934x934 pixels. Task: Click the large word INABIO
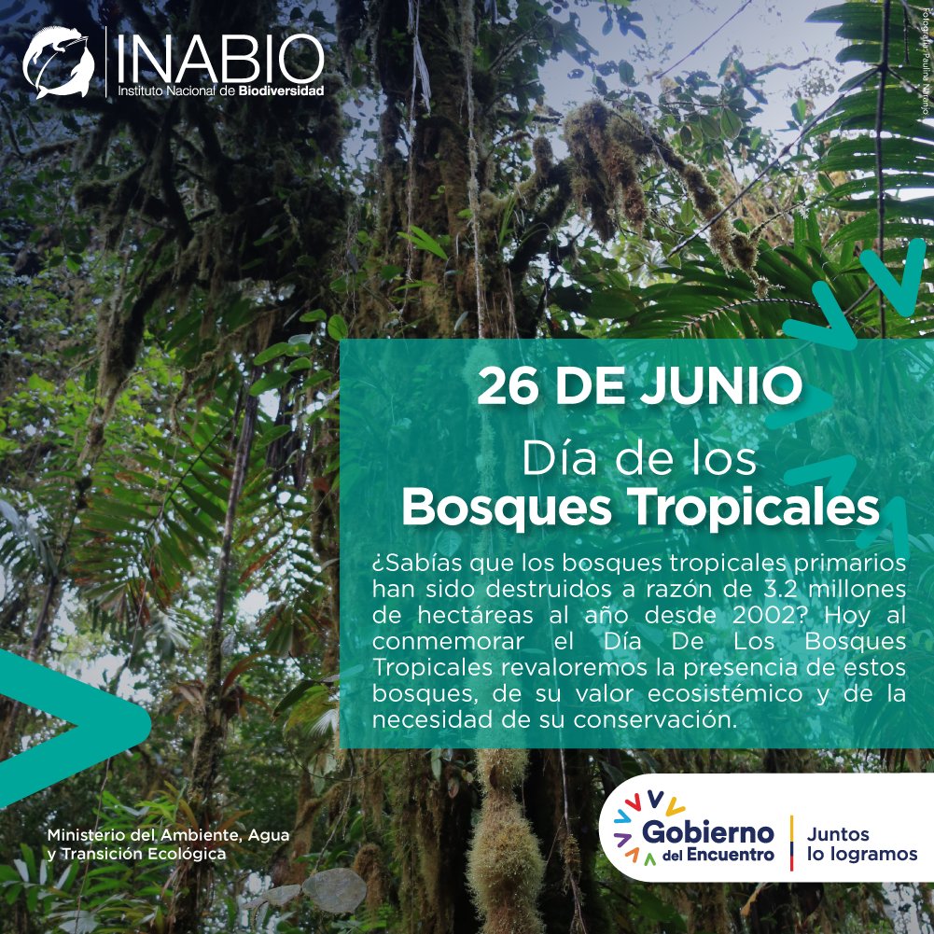point(220,58)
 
